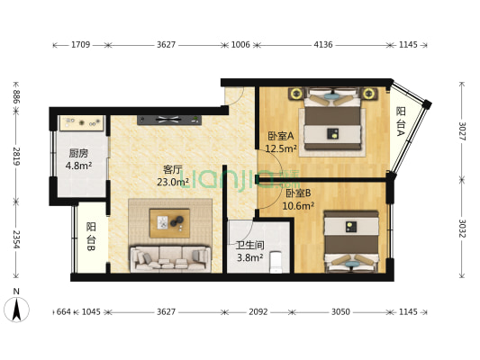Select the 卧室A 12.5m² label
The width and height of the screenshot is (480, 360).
tap(281, 142)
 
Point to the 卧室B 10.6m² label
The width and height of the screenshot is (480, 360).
tap(299, 199)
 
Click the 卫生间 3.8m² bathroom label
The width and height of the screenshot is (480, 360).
tap(249, 251)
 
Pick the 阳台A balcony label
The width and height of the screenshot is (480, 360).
tap(401, 121)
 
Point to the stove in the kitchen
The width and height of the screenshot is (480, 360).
tap(81, 122)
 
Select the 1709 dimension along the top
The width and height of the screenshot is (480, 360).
tap(79, 44)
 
